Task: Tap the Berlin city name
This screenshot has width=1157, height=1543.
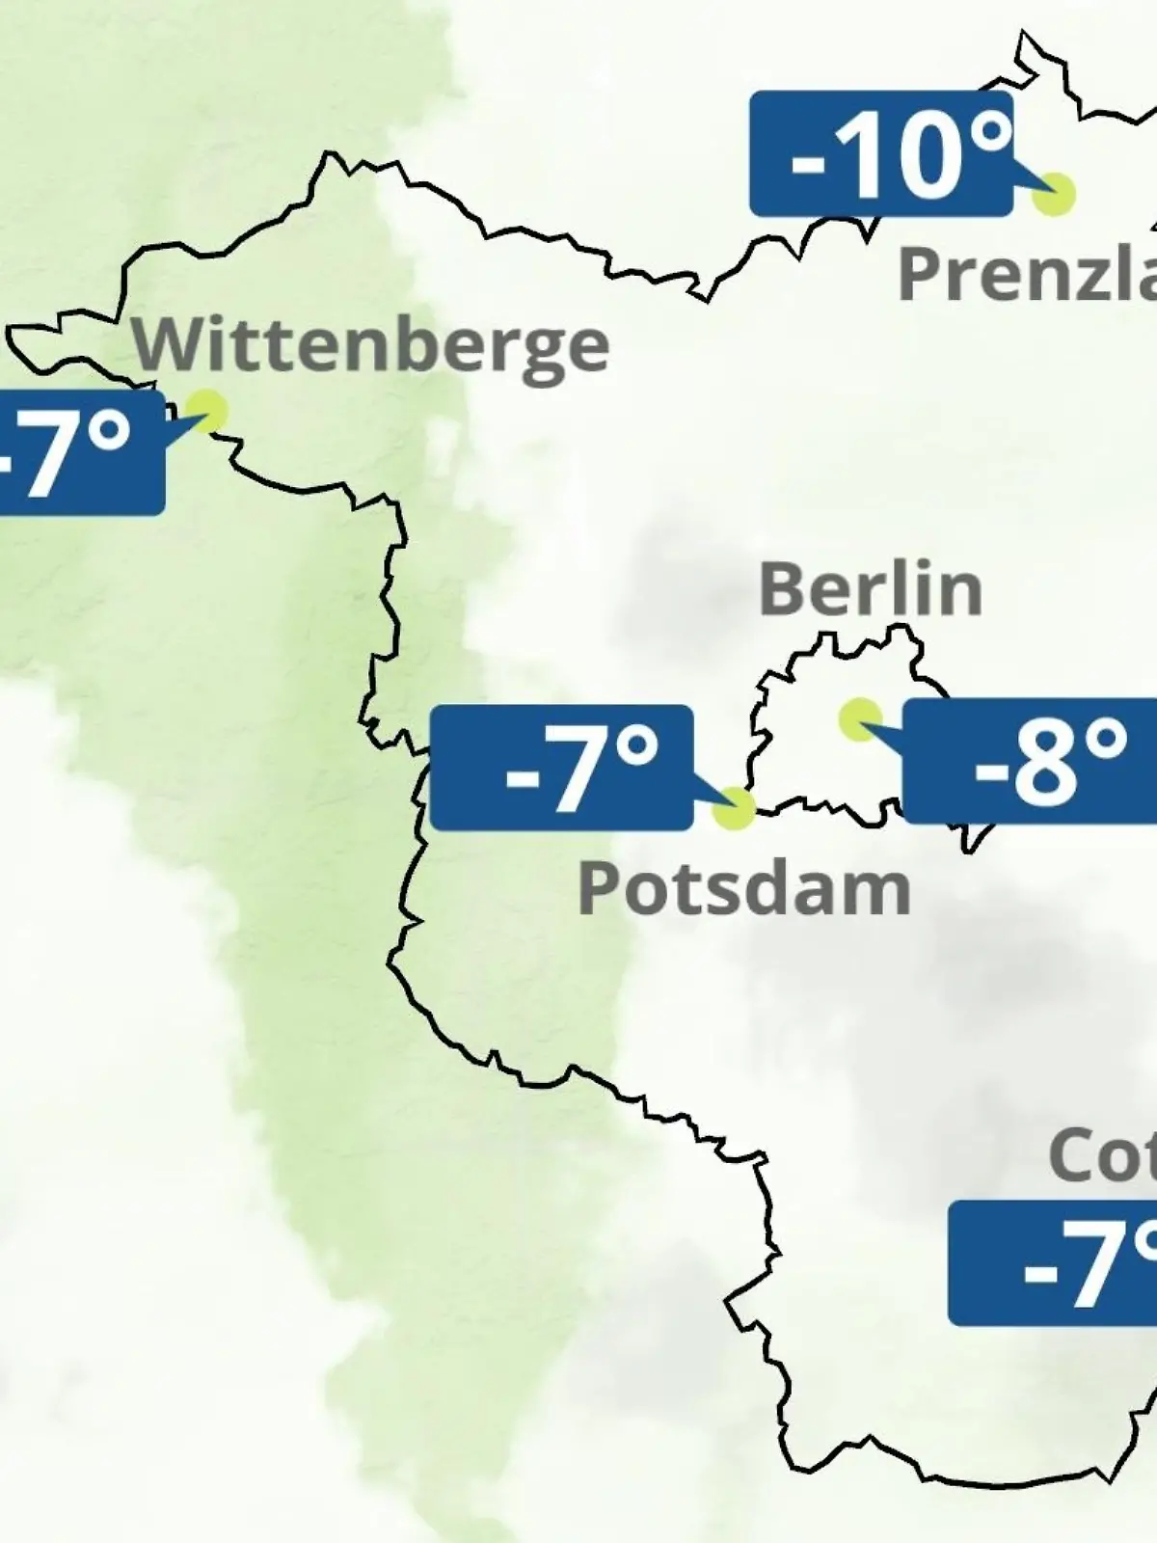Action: pyautogui.click(x=871, y=589)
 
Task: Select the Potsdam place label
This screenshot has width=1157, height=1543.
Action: pyautogui.click(x=744, y=889)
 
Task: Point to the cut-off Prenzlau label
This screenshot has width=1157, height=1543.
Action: pyautogui.click(x=1027, y=274)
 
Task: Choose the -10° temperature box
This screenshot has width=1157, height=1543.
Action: pyautogui.click(x=881, y=153)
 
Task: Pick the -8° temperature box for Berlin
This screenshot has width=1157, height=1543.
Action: pyautogui.click(x=1029, y=761)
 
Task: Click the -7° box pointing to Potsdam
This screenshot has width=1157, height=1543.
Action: pyautogui.click(x=561, y=768)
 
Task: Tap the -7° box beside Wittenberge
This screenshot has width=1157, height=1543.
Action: pyautogui.click(x=77, y=452)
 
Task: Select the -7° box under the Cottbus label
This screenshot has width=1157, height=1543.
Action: pyautogui.click(x=1052, y=1262)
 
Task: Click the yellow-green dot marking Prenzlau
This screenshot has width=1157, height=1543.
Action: pyautogui.click(x=1054, y=194)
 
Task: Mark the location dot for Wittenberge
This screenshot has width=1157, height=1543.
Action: pyautogui.click(x=206, y=411)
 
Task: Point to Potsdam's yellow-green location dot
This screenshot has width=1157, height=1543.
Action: pyautogui.click(x=734, y=808)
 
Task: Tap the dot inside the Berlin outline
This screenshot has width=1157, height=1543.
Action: pyautogui.click(x=859, y=718)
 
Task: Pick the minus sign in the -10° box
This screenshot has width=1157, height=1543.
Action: pyautogui.click(x=808, y=162)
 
